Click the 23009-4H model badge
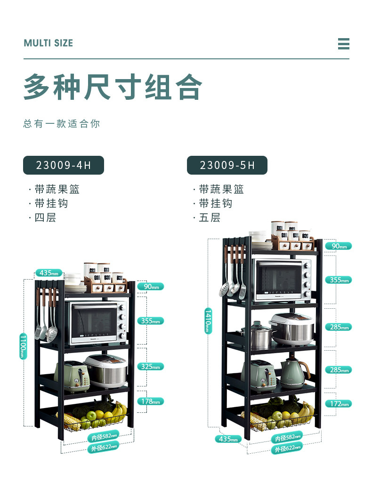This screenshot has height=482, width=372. [x=63, y=165]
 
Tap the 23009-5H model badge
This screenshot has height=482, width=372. [x=227, y=165]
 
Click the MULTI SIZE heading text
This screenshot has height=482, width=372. [x=49, y=43]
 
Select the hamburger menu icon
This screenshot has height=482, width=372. [x=343, y=44]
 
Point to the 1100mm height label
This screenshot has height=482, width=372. [x=23, y=346]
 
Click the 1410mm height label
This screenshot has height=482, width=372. [x=208, y=321]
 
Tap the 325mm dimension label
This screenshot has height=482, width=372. [x=151, y=366]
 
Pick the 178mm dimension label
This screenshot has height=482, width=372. [x=151, y=402]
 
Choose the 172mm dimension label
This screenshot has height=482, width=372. [x=338, y=404]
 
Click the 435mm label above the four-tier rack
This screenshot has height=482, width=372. [x=49, y=273]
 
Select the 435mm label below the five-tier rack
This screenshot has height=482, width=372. [x=228, y=439]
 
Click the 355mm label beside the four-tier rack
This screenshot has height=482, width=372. [x=151, y=321]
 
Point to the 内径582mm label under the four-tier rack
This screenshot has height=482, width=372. [x=103, y=437]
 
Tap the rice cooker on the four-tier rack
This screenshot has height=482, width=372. [x=106, y=370]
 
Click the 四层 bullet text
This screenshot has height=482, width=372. [x=45, y=218]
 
